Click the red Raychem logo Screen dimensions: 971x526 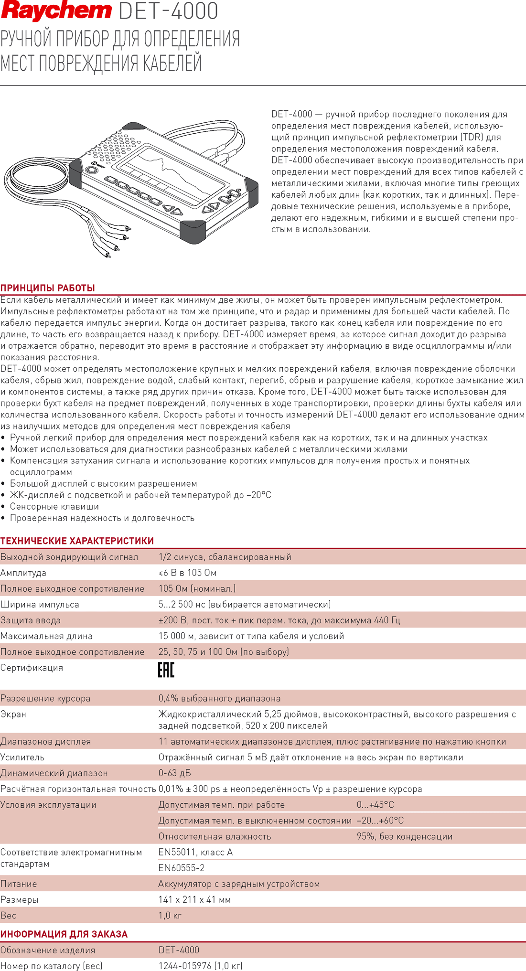pyautogui.click(x=56, y=11)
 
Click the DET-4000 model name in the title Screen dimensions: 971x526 pyautogui.click(x=168, y=11)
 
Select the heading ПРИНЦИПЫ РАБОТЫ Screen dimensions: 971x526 pyautogui.click(x=48, y=288)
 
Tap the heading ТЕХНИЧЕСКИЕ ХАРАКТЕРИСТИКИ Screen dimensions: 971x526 pyautogui.click(x=77, y=541)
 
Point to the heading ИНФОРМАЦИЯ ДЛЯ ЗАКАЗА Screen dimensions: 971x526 pyautogui.click(x=64, y=934)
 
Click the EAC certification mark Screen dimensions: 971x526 pyautogui.click(x=166, y=670)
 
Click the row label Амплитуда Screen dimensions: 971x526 pyautogui.click(x=23, y=573)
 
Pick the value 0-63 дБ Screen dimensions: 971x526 pyautogui.click(x=175, y=773)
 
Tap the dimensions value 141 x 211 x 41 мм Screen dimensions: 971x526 pyautogui.click(x=194, y=899)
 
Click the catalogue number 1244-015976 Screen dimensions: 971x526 pyautogui.click(x=186, y=965)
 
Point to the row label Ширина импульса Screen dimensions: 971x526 pyautogui.click(x=40, y=604)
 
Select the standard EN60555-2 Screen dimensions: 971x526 pyautogui.click(x=182, y=867)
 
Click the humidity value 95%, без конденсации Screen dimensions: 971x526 pyautogui.click(x=404, y=836)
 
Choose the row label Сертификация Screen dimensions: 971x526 pyautogui.click(x=32, y=667)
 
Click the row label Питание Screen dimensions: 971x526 pyautogui.click(x=19, y=884)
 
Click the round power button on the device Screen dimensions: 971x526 pyautogui.click(x=91, y=170)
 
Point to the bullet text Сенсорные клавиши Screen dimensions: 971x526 pyautogui.click(x=54, y=506)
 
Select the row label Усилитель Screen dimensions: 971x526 pyautogui.click(x=22, y=757)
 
